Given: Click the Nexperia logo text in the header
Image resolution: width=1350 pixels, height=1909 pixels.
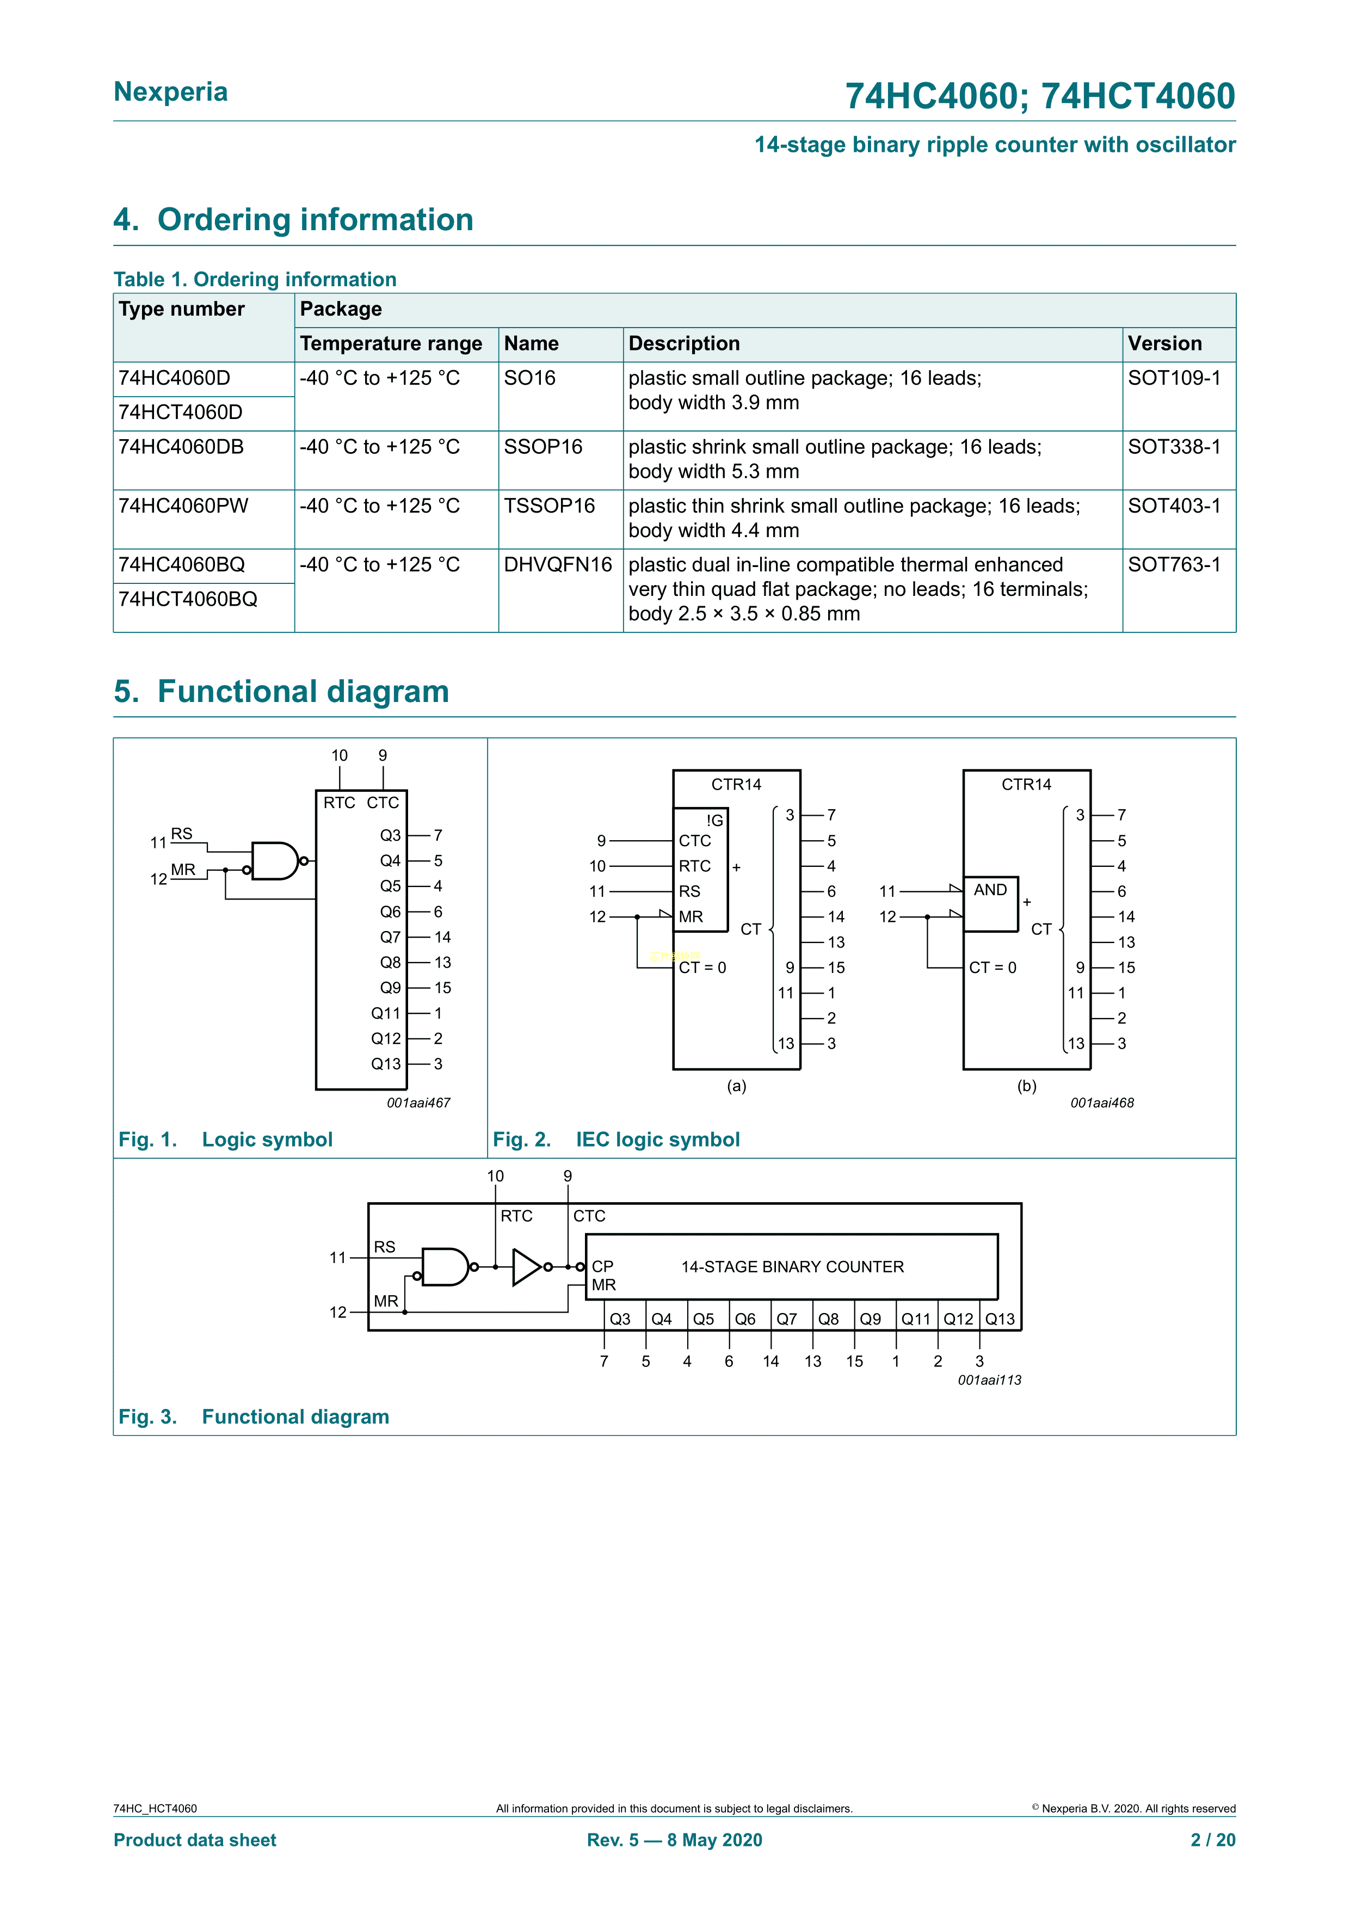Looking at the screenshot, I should tap(170, 91).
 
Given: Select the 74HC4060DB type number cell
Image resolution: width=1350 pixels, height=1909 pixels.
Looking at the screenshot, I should tap(181, 447).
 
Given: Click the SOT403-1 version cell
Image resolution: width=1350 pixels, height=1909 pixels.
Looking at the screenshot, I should tap(1174, 506).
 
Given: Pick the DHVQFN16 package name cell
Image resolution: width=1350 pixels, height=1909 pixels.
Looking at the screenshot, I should tap(557, 565).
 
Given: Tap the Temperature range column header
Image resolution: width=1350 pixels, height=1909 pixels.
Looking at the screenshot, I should tap(391, 343).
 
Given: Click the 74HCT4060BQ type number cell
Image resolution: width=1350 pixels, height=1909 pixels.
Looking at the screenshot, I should tap(188, 600).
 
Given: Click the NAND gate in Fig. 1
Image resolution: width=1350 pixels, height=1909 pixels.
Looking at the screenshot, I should tap(274, 861).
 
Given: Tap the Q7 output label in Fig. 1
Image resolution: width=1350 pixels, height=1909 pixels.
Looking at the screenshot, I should tap(390, 937).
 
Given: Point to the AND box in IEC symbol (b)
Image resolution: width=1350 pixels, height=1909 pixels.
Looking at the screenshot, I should tap(990, 904).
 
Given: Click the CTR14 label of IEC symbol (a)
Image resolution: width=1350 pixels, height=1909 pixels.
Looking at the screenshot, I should tap(736, 784).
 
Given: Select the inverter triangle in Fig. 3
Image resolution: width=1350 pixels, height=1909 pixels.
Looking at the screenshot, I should tap(527, 1267).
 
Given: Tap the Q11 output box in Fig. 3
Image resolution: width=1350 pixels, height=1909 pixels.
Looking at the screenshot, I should tap(916, 1319).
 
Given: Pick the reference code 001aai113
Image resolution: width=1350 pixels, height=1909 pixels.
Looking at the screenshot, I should tap(989, 1380).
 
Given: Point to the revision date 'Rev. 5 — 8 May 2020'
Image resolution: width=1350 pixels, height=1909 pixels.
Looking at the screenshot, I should tap(674, 1840).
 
